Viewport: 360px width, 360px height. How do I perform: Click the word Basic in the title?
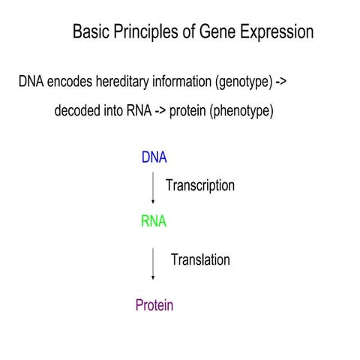[89, 32]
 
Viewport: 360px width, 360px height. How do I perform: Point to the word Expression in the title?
[274, 32]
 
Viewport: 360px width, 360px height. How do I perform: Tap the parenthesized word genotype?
[248, 82]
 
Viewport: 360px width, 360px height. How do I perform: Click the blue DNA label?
[154, 158]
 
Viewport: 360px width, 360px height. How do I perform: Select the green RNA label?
[153, 222]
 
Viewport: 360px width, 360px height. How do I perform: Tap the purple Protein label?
[154, 304]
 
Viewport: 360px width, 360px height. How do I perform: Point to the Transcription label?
[200, 185]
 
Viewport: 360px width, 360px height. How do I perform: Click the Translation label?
[200, 260]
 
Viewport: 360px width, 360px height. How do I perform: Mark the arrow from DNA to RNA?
[154, 189]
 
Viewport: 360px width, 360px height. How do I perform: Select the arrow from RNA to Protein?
[154, 263]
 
